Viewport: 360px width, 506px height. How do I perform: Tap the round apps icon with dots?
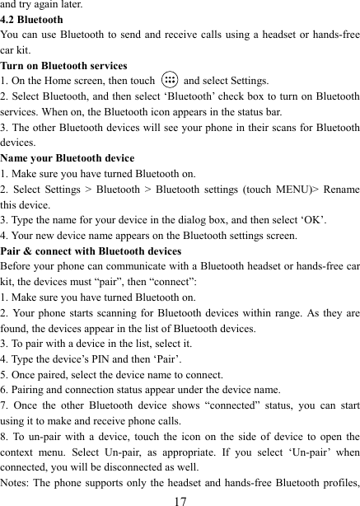pyautogui.click(x=169, y=81)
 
